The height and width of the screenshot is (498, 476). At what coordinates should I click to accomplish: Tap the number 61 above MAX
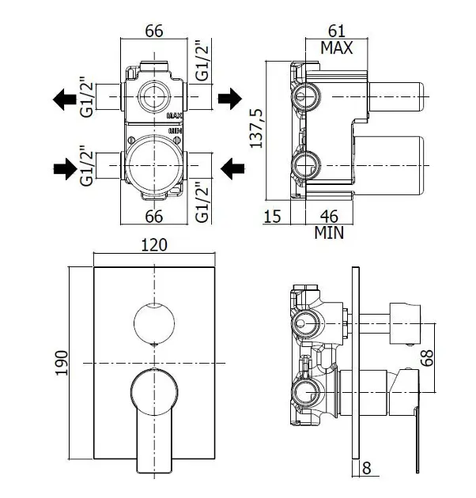pyautogui.click(x=336, y=31)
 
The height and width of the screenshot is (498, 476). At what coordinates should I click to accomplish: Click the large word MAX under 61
pyautogui.click(x=336, y=47)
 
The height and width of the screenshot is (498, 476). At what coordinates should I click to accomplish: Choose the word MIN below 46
pyautogui.click(x=329, y=232)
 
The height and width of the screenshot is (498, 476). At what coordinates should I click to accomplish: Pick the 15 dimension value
pyautogui.click(x=272, y=216)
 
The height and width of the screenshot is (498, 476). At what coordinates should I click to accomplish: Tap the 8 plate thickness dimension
pyautogui.click(x=366, y=467)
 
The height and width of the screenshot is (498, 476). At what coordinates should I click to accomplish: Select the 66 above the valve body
pyautogui.click(x=154, y=31)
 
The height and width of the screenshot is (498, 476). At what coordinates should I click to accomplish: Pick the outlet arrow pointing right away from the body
pyautogui.click(x=229, y=99)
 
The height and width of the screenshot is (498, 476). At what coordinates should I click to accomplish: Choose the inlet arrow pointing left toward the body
pyautogui.click(x=231, y=167)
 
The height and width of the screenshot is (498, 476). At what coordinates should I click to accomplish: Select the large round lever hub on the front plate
pyautogui.click(x=154, y=393)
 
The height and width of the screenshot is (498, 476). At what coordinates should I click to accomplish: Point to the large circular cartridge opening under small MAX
pyautogui.click(x=154, y=160)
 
